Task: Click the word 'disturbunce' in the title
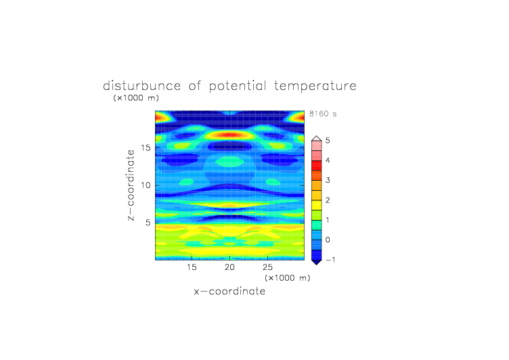141,86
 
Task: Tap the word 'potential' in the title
238,87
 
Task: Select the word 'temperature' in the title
315,87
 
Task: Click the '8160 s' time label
323,114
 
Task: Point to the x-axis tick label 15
192,267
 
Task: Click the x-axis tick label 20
229,267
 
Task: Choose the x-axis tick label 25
267,267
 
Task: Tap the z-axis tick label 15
146,148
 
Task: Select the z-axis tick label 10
146,185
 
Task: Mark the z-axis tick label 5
148,223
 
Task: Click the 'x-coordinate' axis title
229,291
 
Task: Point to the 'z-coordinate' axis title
131,185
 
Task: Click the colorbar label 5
328,141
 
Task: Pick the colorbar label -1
330,260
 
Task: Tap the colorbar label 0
328,240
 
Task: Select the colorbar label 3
328,180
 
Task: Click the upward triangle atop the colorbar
317,138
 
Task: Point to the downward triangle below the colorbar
317,263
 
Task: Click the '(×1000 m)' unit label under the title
136,97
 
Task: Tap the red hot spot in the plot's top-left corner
160,117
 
